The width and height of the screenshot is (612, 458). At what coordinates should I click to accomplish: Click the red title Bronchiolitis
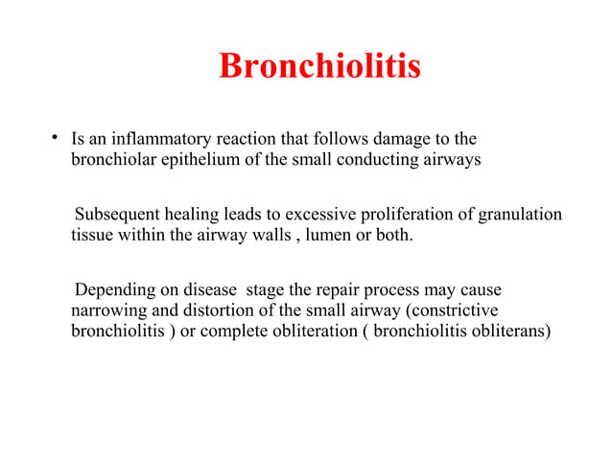[319, 66]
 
